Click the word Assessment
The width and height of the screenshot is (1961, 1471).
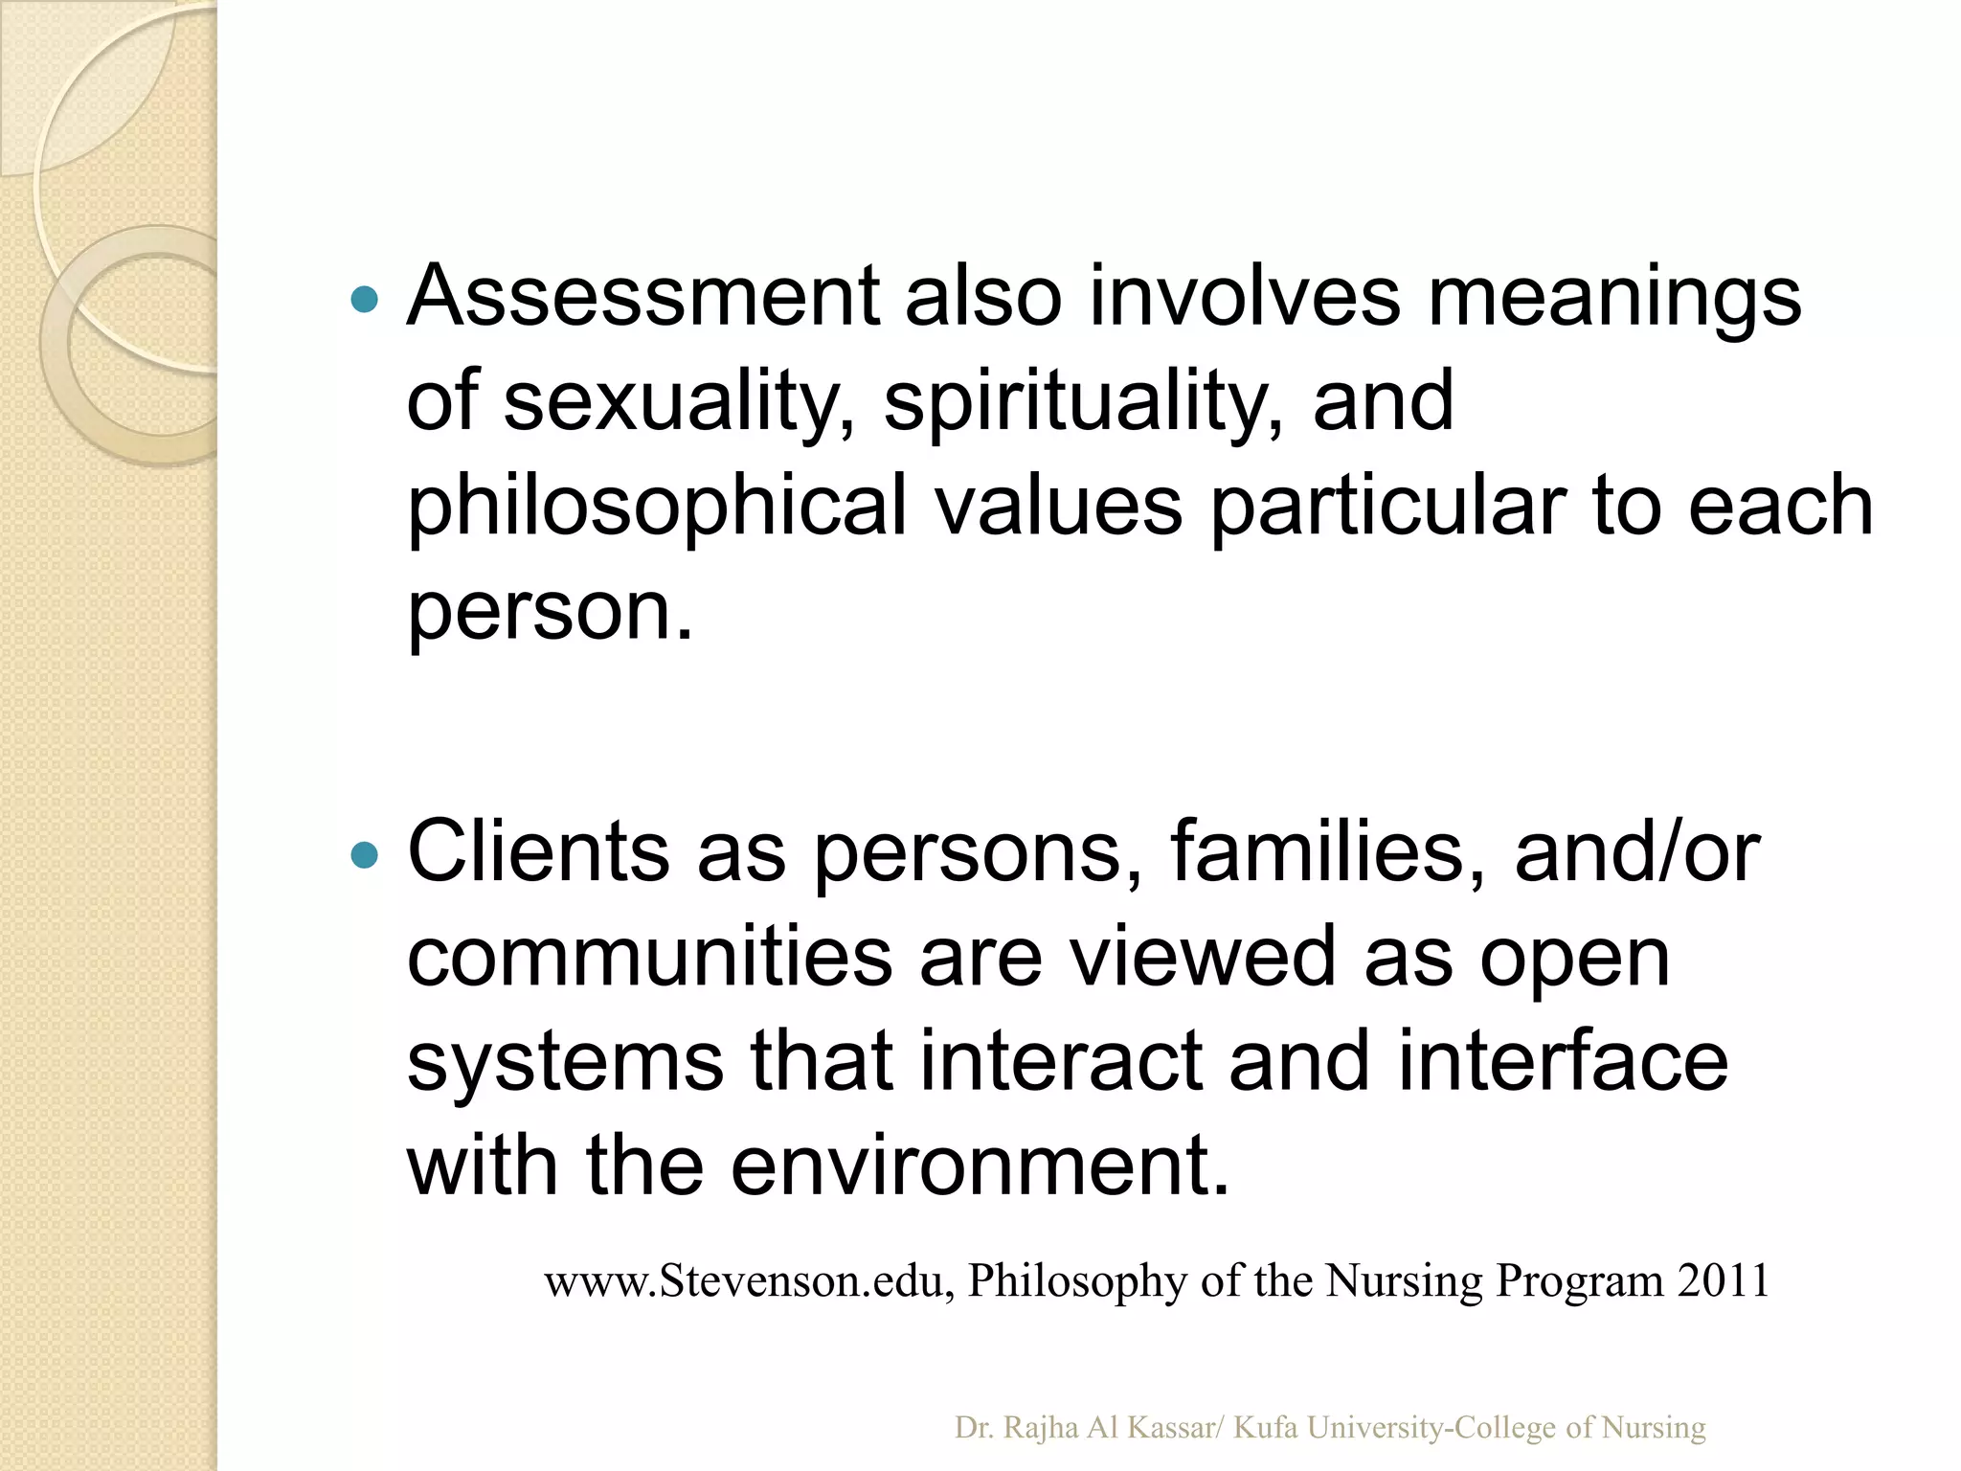[x=642, y=297]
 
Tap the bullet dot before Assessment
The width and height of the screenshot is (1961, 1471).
[x=365, y=301]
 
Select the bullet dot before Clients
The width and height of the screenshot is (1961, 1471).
[x=365, y=854]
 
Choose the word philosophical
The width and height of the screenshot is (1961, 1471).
[x=657, y=508]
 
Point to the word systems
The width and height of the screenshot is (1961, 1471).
[x=565, y=1063]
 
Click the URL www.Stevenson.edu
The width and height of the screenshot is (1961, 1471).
[x=748, y=1281]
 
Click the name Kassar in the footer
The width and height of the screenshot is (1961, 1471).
[x=1170, y=1428]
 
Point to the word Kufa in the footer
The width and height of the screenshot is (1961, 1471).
[x=1265, y=1428]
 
